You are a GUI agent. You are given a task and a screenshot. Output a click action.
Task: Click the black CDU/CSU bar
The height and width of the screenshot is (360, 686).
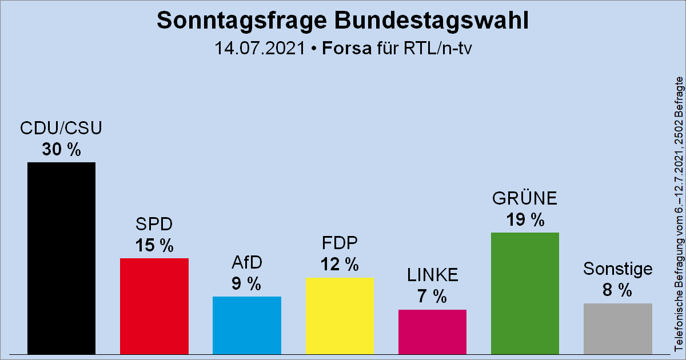tap(61, 258)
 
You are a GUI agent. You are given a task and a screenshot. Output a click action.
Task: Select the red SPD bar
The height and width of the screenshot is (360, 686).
tap(154, 306)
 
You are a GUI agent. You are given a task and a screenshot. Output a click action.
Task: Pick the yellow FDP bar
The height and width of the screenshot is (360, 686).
tap(340, 315)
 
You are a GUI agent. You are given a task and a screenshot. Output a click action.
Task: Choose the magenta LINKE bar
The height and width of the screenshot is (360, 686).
tap(432, 331)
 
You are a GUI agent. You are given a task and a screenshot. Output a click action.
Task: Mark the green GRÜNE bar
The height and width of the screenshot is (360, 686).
tap(525, 293)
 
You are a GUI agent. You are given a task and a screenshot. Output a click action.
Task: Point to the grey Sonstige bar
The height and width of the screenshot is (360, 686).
tap(617, 328)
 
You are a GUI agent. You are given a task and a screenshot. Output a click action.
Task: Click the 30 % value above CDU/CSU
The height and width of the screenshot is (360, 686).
tap(61, 150)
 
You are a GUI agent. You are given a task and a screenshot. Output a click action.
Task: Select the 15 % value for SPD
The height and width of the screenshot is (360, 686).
tap(154, 246)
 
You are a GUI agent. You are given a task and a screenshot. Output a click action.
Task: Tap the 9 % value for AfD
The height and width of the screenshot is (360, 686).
tap(246, 283)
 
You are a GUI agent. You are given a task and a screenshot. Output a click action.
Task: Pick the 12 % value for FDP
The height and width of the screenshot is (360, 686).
tap(340, 265)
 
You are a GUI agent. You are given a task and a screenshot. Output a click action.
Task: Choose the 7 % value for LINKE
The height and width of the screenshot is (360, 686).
tap(432, 297)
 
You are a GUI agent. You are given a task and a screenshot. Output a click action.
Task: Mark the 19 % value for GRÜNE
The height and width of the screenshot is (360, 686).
tap(525, 219)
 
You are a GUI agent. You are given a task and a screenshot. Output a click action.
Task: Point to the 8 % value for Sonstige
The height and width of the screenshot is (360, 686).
tap(617, 290)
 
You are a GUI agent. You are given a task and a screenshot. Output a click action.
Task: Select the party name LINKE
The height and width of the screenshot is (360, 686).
tap(432, 275)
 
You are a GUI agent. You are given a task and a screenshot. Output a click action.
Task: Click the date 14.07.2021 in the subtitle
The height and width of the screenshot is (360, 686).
tap(260, 48)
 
